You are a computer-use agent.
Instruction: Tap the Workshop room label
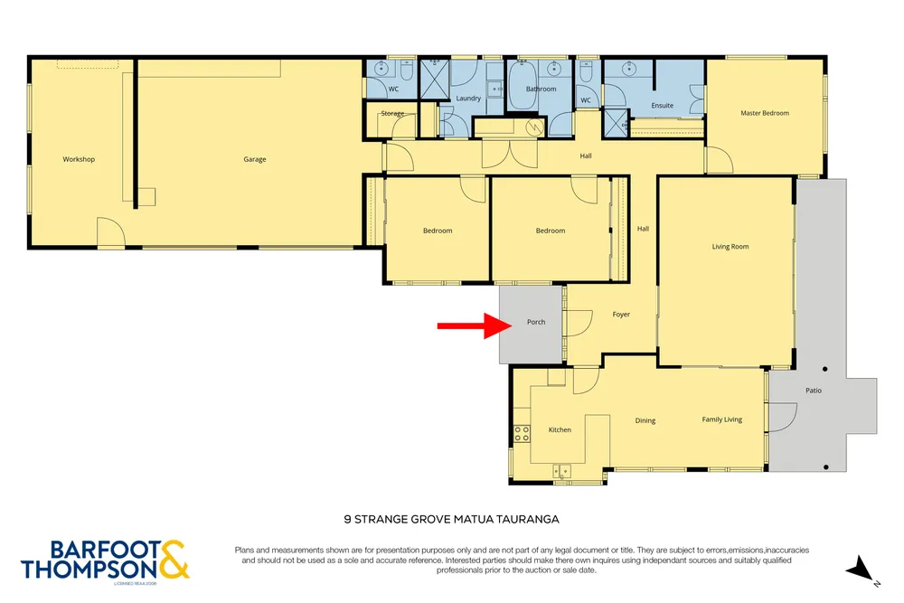(x=79, y=159)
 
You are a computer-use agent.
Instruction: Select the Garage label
(x=255, y=159)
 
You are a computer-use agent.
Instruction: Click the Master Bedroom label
(x=765, y=113)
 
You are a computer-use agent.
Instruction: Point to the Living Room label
(x=730, y=247)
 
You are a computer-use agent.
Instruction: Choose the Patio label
(x=814, y=391)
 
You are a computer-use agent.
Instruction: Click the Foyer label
(x=621, y=315)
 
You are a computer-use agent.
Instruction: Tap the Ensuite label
(x=663, y=106)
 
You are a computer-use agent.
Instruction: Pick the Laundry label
(x=468, y=98)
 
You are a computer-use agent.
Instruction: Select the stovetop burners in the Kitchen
(x=522, y=434)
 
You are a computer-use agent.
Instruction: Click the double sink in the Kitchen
(x=561, y=472)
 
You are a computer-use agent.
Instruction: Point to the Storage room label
(x=392, y=114)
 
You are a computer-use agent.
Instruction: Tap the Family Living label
(x=721, y=419)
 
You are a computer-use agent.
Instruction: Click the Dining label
(x=645, y=420)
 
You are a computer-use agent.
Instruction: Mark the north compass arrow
(x=861, y=569)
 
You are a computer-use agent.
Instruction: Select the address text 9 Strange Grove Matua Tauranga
(x=451, y=520)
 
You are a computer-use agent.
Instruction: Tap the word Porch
(x=536, y=322)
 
